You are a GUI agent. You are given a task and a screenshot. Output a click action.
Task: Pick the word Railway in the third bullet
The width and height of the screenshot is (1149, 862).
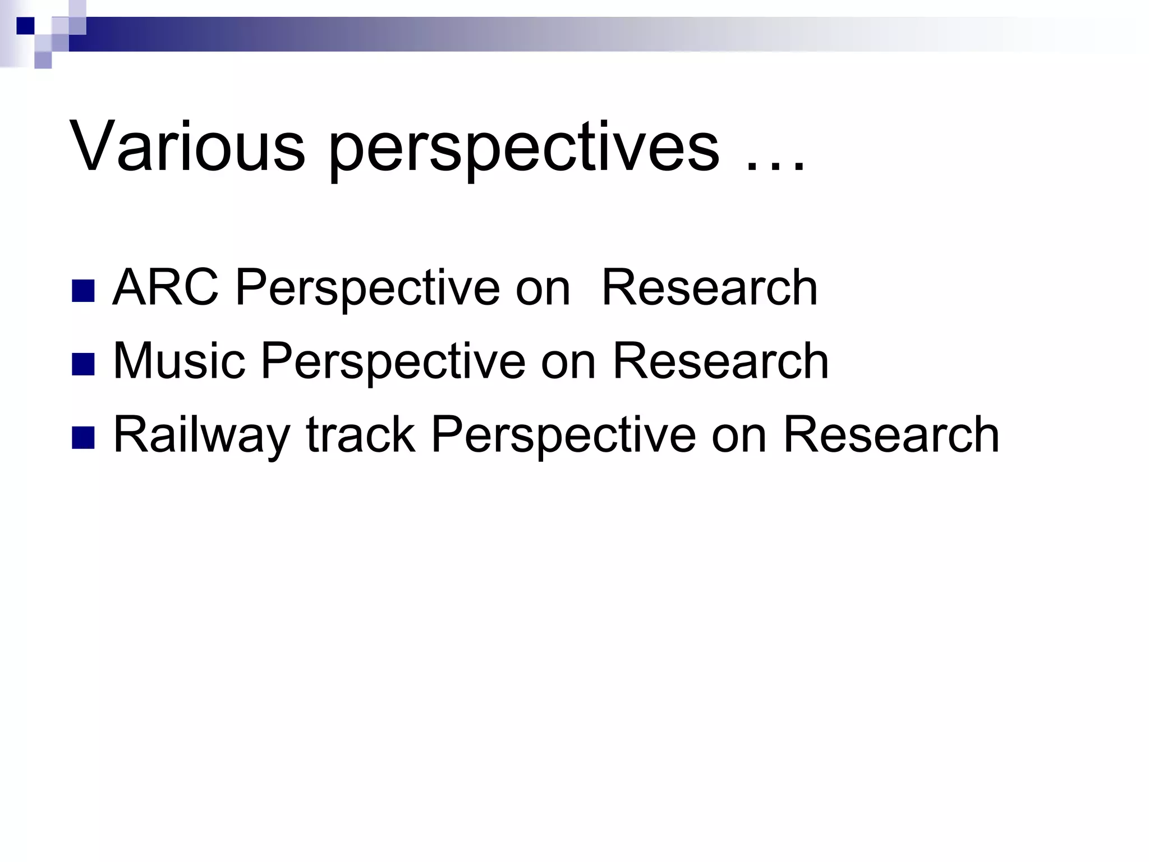click(201, 435)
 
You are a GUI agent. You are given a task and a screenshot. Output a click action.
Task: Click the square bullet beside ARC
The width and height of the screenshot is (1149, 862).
click(83, 291)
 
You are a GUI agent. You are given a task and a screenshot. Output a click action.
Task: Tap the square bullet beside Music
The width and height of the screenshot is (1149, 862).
click(83, 364)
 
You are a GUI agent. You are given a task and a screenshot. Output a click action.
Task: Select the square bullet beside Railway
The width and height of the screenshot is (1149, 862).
click(83, 437)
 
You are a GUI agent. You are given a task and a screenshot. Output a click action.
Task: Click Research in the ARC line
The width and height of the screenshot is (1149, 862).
click(709, 288)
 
